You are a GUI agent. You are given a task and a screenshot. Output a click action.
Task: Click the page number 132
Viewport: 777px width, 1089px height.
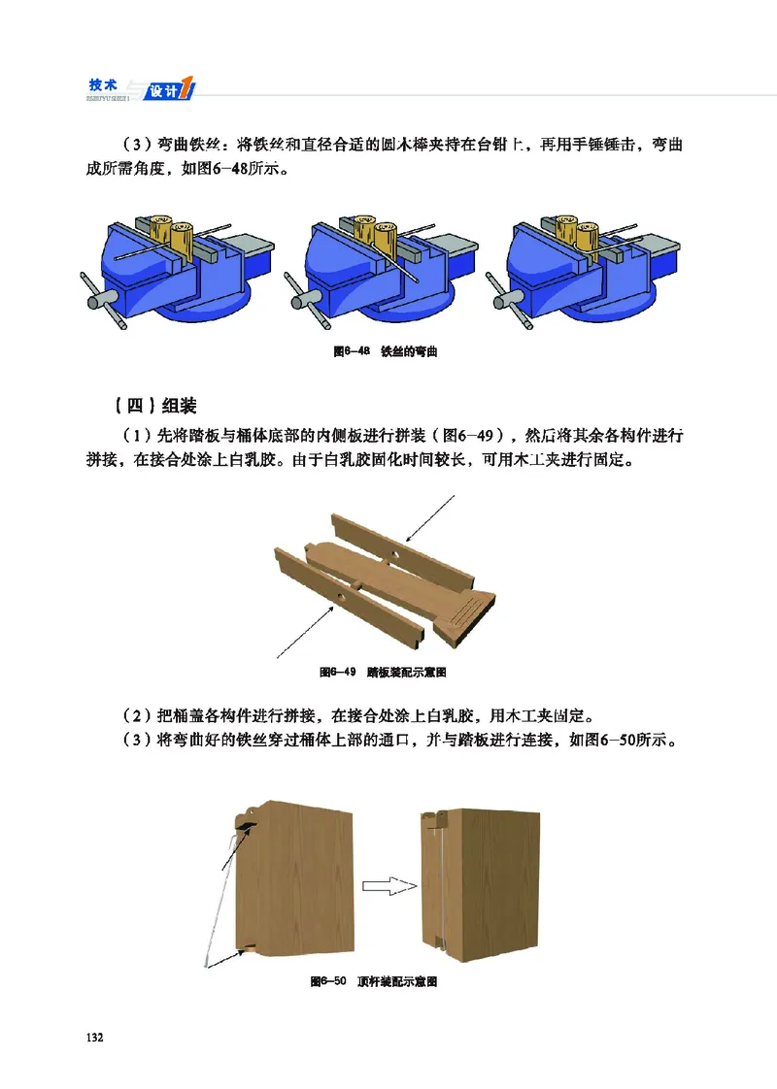click(93, 1038)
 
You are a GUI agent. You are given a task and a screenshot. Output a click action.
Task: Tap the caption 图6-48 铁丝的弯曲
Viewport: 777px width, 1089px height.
click(387, 350)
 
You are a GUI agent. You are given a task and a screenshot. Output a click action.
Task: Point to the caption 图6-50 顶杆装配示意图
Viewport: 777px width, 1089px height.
click(373, 982)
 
